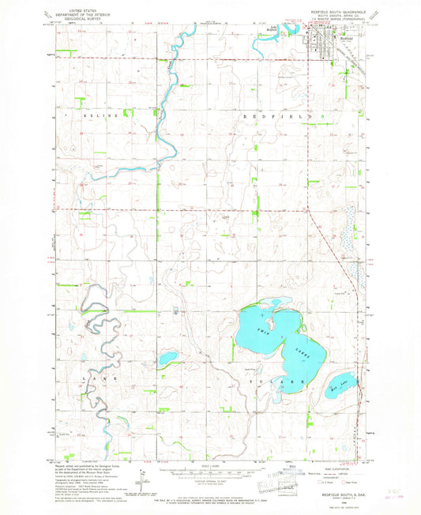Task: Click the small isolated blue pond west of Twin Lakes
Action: pos(167,359)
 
